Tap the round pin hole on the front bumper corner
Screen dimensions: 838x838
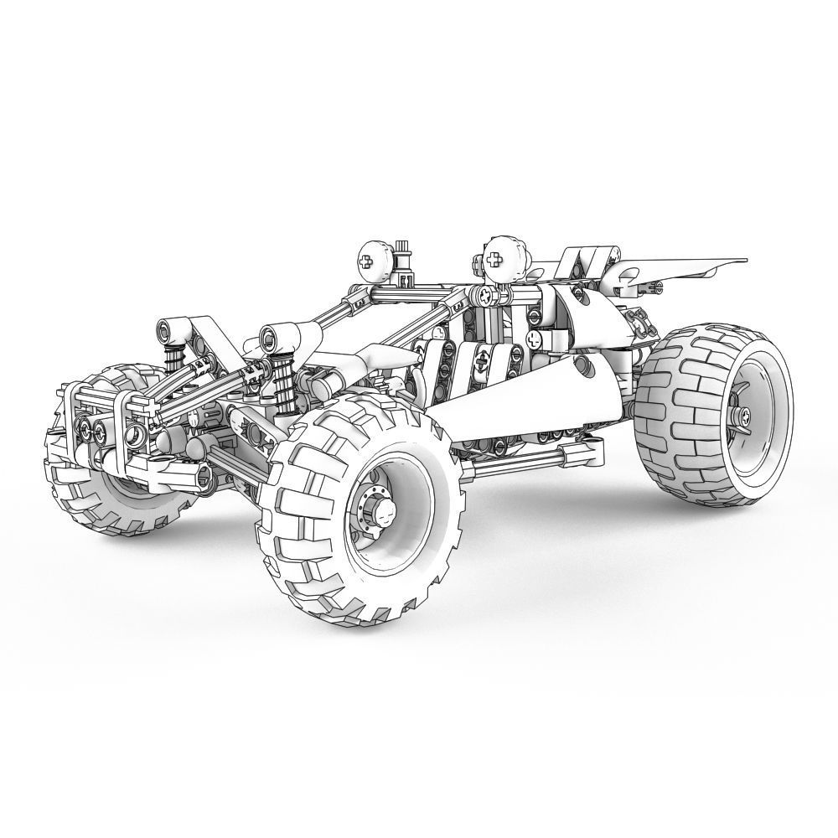[x=136, y=436]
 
